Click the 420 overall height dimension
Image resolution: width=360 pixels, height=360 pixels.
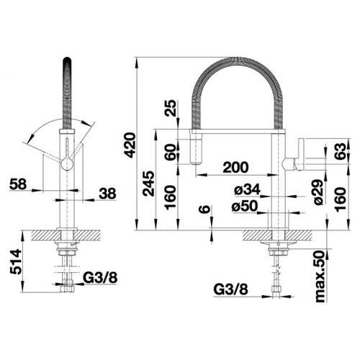[130, 145]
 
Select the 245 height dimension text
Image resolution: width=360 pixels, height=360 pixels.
[148, 184]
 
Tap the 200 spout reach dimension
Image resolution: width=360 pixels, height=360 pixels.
[235, 167]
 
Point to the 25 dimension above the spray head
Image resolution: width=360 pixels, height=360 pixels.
[171, 108]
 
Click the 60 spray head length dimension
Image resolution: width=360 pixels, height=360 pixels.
[171, 152]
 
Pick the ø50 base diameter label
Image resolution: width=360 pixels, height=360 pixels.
[245, 206]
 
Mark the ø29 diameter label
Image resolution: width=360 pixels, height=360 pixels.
[319, 192]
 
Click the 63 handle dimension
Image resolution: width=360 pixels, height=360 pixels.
[341, 150]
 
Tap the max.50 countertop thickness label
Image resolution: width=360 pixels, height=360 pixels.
[320, 276]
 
